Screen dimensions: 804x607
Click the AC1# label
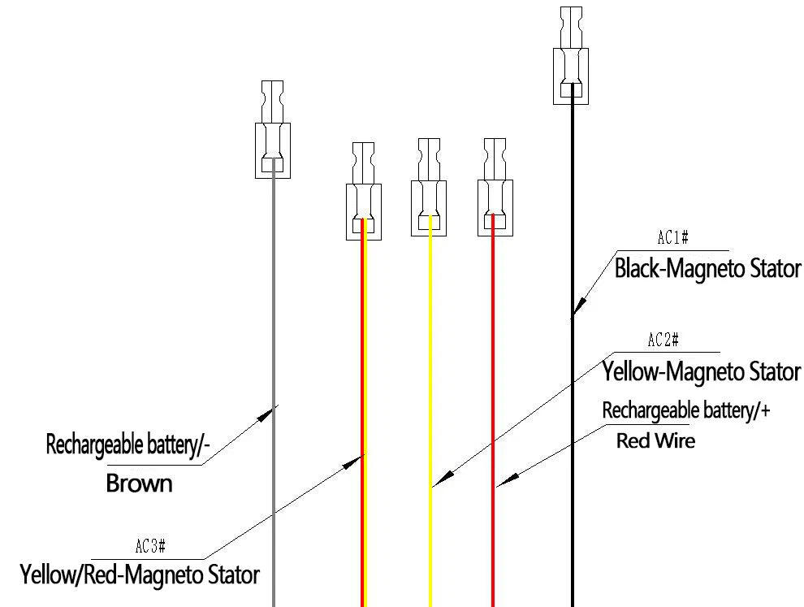672,237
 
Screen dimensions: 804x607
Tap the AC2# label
664,340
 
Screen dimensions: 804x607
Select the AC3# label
150,546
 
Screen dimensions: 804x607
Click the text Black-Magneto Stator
707,269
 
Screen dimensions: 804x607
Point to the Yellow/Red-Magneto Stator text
140,574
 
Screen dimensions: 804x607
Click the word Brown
139,483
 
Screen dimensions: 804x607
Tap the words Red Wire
656,440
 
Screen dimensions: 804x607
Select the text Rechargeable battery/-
128,444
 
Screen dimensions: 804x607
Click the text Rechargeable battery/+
686,410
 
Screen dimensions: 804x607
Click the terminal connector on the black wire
571,55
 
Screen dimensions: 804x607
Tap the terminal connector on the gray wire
273,129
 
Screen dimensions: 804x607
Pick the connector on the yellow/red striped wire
364,191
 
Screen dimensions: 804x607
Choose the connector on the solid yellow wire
429,187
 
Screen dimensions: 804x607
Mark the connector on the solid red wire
495,187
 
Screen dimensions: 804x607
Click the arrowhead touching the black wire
579,306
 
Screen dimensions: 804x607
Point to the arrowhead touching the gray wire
265,414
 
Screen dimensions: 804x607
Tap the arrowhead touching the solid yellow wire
444,477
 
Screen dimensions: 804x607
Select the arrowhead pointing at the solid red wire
508,479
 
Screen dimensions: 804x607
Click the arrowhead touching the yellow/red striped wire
352,462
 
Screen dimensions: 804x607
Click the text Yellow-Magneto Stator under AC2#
702,371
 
